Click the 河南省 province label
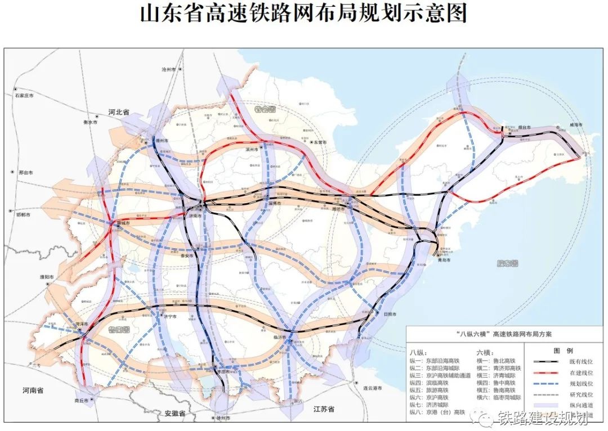coord(33,389)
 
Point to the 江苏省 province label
coord(325,409)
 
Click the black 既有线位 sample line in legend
coord(541,362)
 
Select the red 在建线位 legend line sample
coord(541,372)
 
